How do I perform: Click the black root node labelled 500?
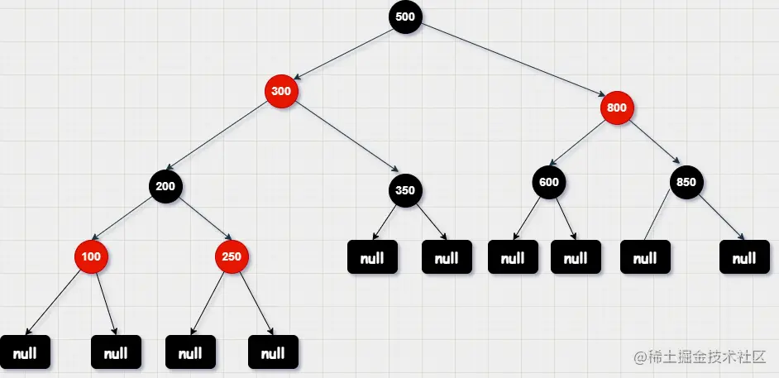click(x=405, y=17)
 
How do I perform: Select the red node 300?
click(x=281, y=91)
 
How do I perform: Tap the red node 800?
click(x=617, y=107)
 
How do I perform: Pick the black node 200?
click(x=165, y=185)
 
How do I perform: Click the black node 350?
click(x=405, y=190)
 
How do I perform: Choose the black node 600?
click(x=549, y=182)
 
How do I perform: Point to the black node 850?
click(x=686, y=182)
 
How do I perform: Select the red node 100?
click(x=91, y=256)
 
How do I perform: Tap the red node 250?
click(x=232, y=256)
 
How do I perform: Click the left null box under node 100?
click(x=25, y=353)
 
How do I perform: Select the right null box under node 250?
click(x=273, y=353)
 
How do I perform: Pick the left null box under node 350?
click(x=372, y=258)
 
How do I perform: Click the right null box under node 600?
click(x=576, y=258)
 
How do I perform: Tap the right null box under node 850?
click(x=744, y=258)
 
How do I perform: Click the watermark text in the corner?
click(x=701, y=356)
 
